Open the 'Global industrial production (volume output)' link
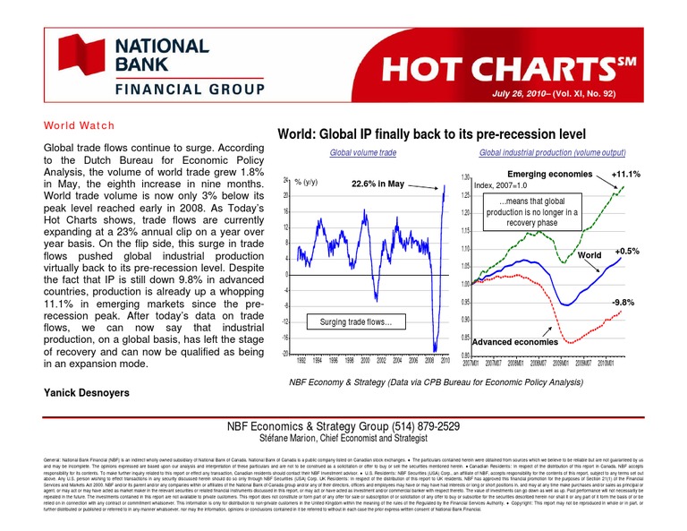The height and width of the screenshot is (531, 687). tap(552, 153)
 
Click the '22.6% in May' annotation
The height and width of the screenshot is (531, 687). tap(378, 184)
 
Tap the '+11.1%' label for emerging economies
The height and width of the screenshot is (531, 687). tap(624, 174)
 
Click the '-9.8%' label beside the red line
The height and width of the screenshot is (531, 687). tap(623, 303)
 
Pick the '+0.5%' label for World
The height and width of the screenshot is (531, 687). tap(628, 253)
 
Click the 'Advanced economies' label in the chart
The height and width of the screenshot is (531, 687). tap(514, 342)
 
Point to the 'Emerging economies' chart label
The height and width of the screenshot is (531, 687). tap(549, 173)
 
